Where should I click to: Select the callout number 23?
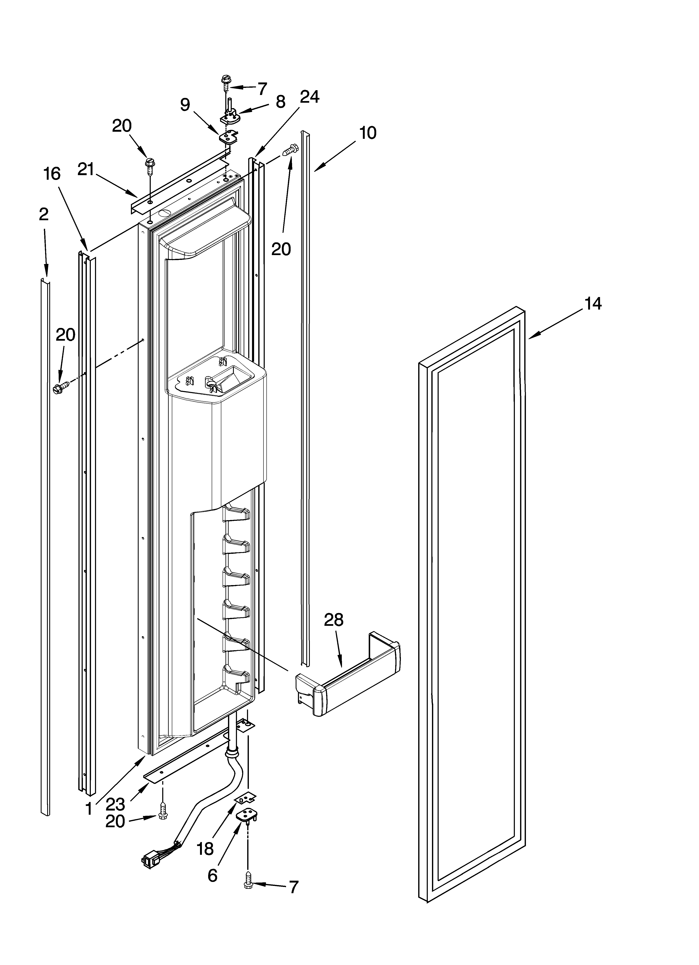(x=115, y=804)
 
